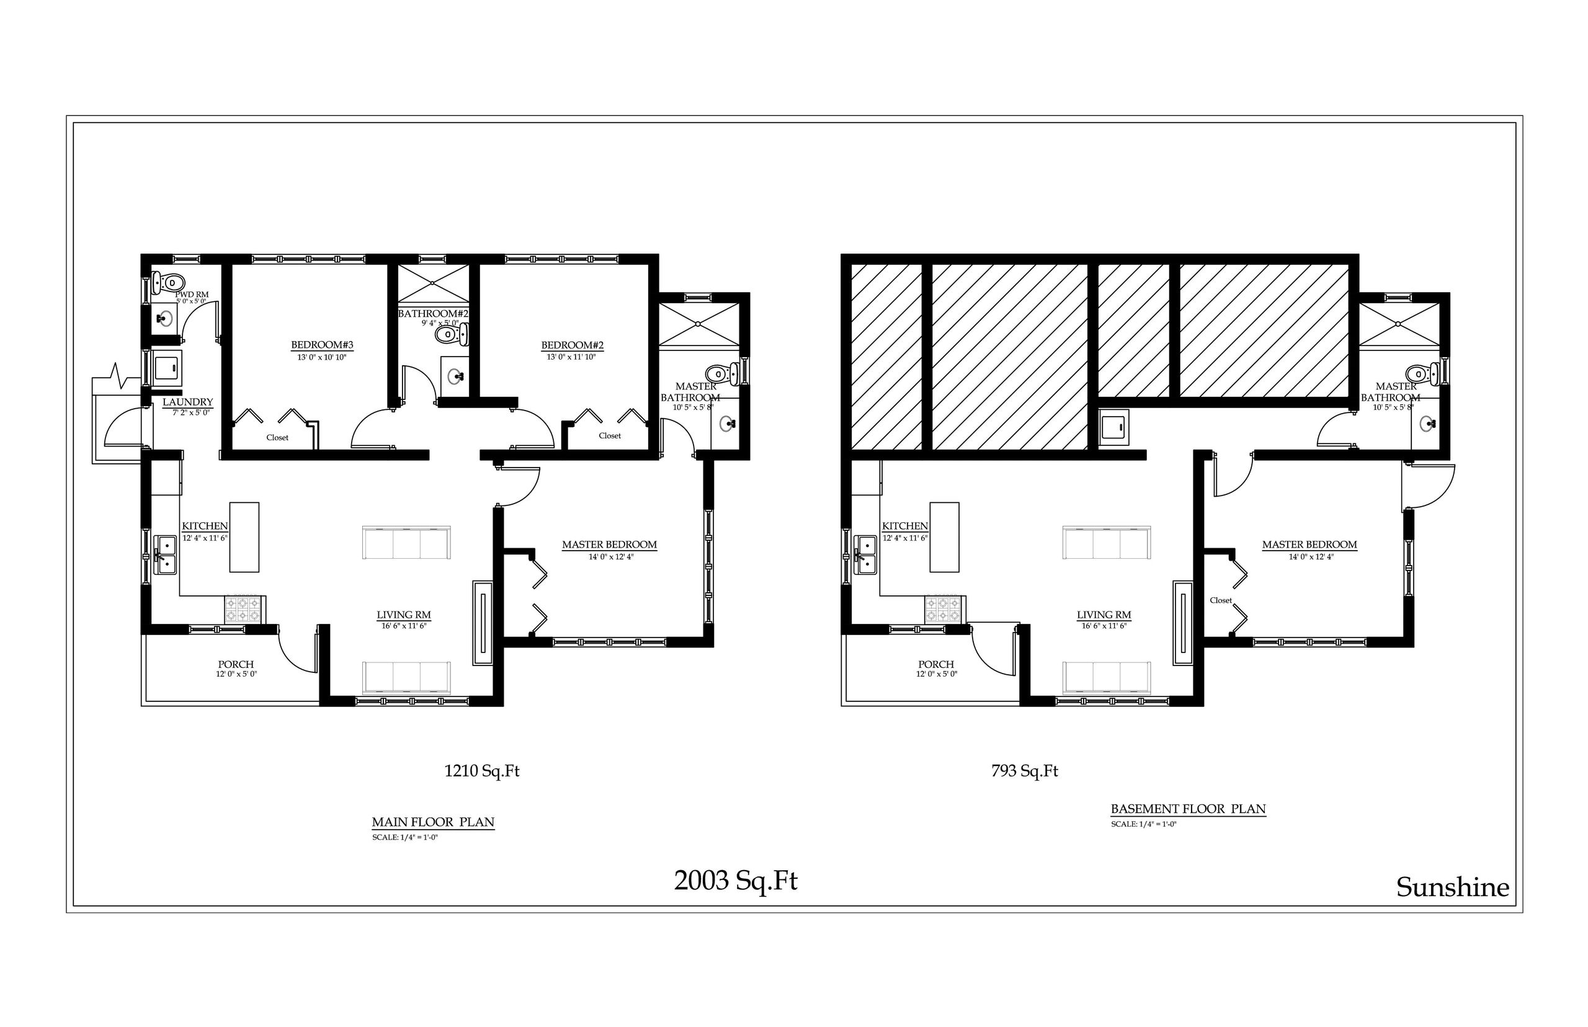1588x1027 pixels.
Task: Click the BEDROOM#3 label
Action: (x=321, y=345)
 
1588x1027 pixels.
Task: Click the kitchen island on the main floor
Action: (x=244, y=537)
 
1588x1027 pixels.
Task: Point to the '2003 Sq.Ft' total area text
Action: (x=735, y=881)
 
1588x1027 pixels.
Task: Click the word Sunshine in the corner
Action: (x=1452, y=887)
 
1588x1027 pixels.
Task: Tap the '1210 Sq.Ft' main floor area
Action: (x=481, y=771)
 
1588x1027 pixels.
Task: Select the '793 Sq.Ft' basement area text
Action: (x=1024, y=771)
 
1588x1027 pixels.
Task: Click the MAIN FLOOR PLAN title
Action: (x=433, y=822)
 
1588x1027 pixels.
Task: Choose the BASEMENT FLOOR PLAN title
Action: (x=1188, y=808)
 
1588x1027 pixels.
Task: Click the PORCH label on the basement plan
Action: (x=935, y=664)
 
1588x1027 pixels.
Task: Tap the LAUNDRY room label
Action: (x=187, y=402)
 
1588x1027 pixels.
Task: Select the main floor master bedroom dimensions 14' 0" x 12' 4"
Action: (x=610, y=557)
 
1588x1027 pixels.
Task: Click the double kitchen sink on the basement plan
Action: (x=866, y=555)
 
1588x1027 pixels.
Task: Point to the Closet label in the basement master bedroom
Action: (x=1221, y=600)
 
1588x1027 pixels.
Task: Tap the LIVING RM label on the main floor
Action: (x=403, y=615)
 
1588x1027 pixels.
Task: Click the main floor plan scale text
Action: (x=405, y=838)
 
